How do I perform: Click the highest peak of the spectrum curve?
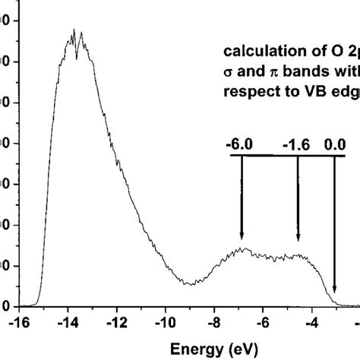pos(74,30)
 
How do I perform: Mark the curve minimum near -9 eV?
pos(190,284)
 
